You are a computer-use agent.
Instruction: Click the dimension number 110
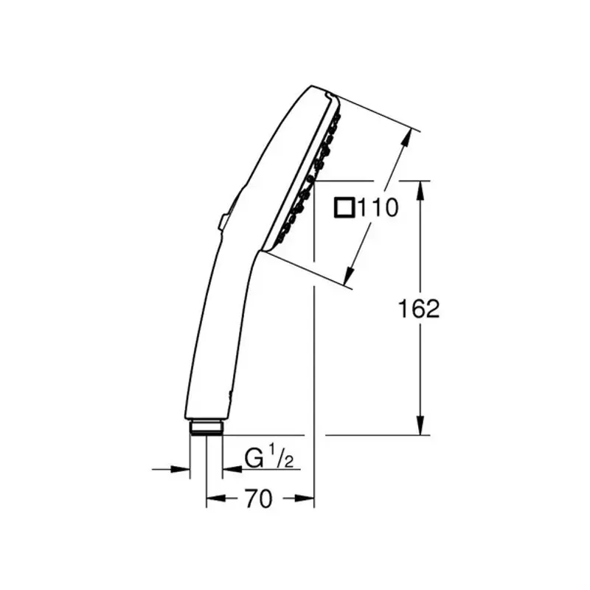[378, 207]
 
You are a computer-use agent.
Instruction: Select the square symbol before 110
[344, 207]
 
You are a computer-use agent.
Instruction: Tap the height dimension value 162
[419, 308]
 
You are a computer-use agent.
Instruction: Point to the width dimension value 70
[258, 499]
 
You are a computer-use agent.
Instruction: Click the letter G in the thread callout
[254, 459]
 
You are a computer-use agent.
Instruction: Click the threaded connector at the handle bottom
[206, 427]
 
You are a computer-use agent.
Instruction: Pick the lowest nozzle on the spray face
[281, 237]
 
